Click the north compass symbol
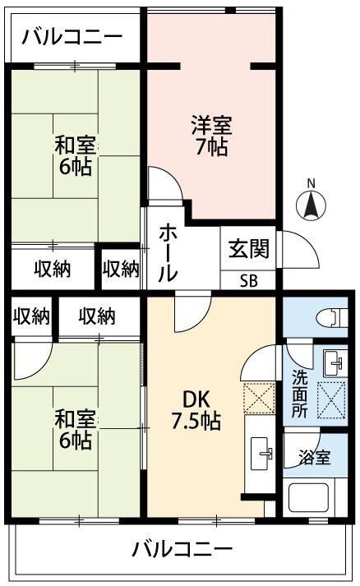[x=311, y=205]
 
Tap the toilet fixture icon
[x=331, y=318]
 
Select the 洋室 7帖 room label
[x=211, y=136]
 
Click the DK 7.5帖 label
[x=196, y=410]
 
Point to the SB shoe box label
[x=248, y=280]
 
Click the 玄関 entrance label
[x=248, y=249]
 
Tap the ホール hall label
[x=168, y=252]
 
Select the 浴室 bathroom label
[x=315, y=458]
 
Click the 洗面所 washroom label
[x=299, y=394]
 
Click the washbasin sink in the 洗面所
[x=335, y=363]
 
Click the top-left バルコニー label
[x=72, y=37]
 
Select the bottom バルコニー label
[x=182, y=549]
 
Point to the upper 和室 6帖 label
[x=75, y=155]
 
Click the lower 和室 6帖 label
[x=75, y=429]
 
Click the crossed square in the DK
[x=259, y=398]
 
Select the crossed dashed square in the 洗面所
[x=331, y=400]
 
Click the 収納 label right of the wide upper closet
[x=121, y=269]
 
